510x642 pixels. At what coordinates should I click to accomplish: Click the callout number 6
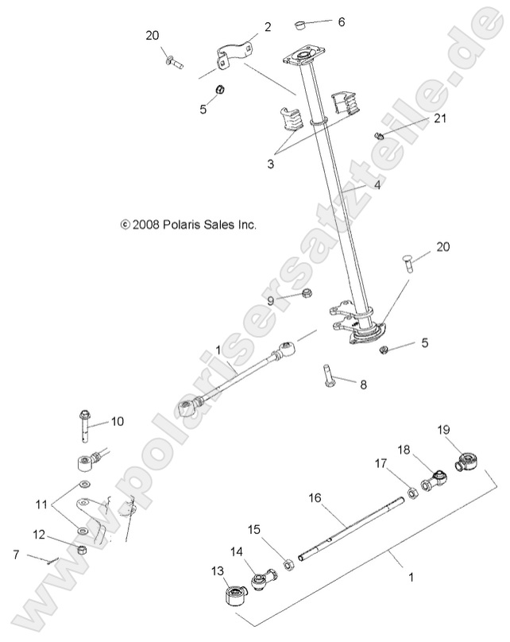coord(342,21)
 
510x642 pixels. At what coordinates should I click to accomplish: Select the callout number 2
coord(268,26)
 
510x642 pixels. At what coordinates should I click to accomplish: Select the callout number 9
coord(270,300)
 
